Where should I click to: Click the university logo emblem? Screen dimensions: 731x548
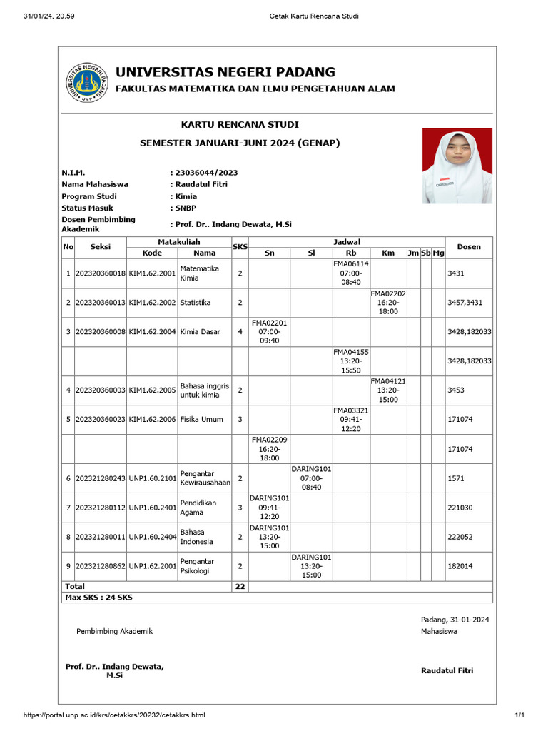(86, 82)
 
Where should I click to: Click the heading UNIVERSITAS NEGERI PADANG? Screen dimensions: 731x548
(225, 72)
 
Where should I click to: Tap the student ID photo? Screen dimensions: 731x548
(457, 166)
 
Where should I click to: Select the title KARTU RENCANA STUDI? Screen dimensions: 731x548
(240, 125)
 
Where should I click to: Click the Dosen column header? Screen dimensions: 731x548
(469, 247)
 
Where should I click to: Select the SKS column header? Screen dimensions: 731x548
(239, 247)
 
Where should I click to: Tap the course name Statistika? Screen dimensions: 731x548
(196, 303)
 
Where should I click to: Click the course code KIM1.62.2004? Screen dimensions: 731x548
(152, 332)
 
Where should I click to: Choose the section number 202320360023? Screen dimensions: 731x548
(101, 420)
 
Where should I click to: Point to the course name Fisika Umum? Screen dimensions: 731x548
(201, 420)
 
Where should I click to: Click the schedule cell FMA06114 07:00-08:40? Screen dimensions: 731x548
(351, 273)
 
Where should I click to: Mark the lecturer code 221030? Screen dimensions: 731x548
(460, 508)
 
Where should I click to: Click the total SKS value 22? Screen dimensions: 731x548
(239, 586)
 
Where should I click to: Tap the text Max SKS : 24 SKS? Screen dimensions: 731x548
(98, 597)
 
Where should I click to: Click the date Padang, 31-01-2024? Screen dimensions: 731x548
(455, 620)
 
